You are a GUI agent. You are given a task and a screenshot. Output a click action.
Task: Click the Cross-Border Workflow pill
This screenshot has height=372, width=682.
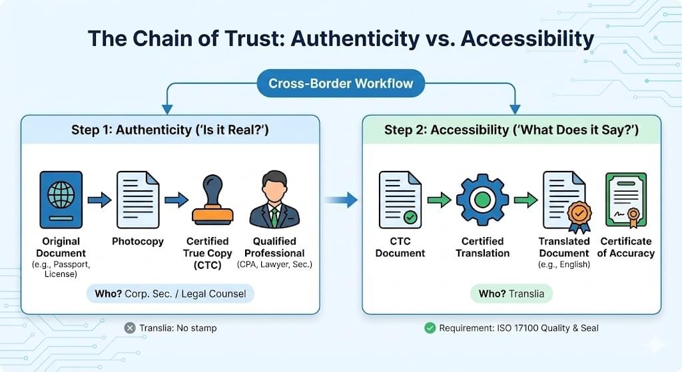point(340,84)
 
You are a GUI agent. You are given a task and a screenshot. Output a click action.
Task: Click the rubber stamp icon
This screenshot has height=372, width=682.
point(212,200)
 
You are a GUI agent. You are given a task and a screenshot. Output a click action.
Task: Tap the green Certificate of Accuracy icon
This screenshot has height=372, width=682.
point(625,200)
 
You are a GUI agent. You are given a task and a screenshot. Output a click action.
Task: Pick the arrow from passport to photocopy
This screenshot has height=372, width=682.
point(99,200)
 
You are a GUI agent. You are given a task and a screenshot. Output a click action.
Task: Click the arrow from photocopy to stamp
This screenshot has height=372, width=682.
point(176,200)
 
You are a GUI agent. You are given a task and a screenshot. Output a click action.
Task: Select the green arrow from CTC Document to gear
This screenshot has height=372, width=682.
point(439,200)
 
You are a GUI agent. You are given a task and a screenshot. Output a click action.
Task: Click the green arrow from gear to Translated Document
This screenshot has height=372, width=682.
point(525,200)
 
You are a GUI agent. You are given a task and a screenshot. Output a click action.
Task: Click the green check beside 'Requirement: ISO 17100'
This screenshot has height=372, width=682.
point(430,327)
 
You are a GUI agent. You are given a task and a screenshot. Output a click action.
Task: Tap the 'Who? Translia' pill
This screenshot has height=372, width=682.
point(511,293)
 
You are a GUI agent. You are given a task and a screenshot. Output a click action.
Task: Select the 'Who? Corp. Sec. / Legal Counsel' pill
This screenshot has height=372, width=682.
point(170,293)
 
